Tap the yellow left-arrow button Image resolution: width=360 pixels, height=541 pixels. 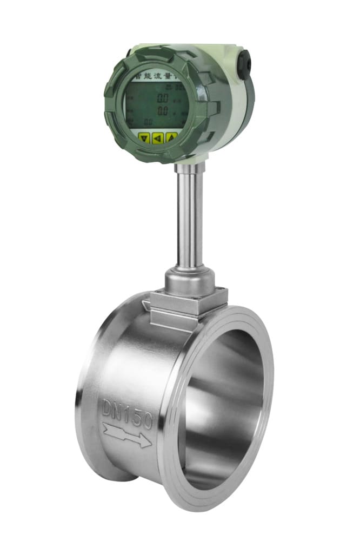[x=158, y=137]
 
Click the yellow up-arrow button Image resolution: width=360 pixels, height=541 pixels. [x=171, y=137]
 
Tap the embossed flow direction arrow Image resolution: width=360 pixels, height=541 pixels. [x=126, y=436]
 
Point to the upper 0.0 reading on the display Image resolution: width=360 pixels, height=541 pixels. [x=162, y=98]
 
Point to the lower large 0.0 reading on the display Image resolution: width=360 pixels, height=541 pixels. [x=162, y=111]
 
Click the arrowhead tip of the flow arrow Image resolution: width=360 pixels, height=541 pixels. [x=149, y=443]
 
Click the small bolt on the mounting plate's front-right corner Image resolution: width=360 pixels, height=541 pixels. [x=222, y=295]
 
